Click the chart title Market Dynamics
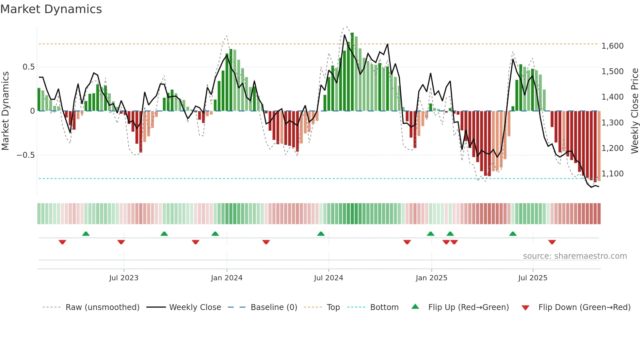pos(51,9)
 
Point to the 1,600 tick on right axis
pos(612,46)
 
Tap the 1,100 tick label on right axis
pos(612,174)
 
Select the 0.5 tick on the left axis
pos(28,67)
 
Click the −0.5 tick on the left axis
pos(26,155)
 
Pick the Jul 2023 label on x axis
pos(124,278)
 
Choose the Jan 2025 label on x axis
pos(431,278)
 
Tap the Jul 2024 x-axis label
pos(328,278)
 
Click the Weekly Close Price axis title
pos(634,111)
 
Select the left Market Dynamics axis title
pos(5,111)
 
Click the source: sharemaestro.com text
pos(575,256)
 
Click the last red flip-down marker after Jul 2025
pos(552,242)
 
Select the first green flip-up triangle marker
pos(86,234)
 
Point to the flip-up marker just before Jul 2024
pos(321,234)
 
